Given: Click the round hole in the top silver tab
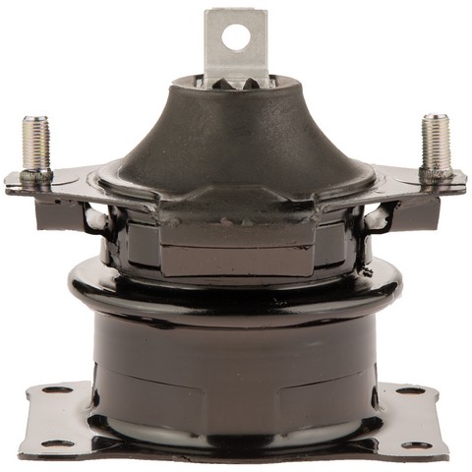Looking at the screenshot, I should point(236,37).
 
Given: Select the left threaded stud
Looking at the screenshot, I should point(35,146).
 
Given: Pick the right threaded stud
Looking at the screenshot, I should point(435,146).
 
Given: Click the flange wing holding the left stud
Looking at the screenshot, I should point(59,185).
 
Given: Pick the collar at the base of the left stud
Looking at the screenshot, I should point(36,175).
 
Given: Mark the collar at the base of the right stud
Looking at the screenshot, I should point(436,174).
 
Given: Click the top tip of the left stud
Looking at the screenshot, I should point(33,119).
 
